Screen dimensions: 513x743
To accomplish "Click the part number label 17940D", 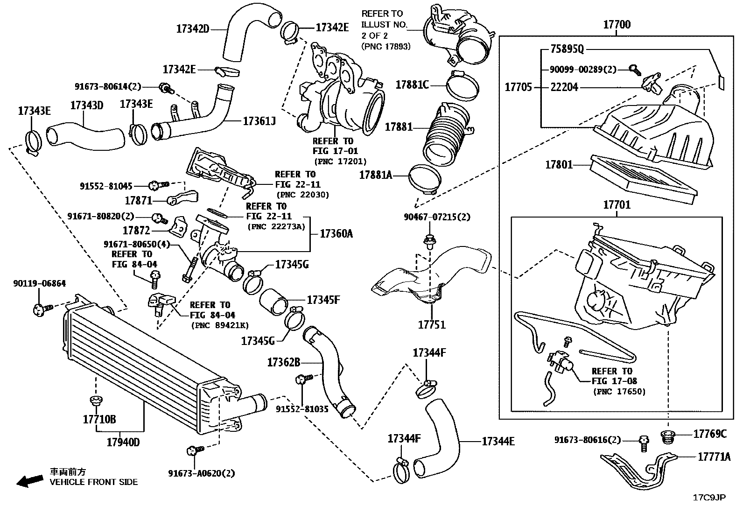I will (123, 442).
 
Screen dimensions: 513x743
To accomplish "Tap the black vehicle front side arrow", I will (29, 480).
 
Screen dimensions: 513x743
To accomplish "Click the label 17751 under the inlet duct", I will (432, 324).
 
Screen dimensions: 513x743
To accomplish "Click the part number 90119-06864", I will (39, 283).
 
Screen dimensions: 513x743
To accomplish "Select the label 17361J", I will (259, 122).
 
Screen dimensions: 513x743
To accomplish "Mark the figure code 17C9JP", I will (709, 498).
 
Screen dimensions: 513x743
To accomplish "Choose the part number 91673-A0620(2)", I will (201, 473).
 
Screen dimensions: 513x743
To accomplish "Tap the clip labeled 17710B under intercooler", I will (96, 401).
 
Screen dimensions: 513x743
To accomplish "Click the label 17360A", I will (336, 233).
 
